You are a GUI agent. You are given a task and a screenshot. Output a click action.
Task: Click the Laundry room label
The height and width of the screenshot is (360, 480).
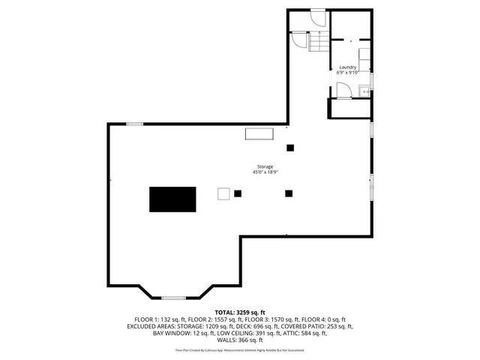(347, 67)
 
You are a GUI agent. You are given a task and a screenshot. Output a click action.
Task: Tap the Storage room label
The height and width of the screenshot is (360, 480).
(265, 166)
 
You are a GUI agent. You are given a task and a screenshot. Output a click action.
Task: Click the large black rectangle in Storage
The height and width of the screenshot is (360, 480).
(172, 199)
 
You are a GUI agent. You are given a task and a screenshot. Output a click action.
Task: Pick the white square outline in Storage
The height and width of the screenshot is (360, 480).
(224, 193)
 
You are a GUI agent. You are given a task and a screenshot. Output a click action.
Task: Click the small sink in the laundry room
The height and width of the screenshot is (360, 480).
(362, 91)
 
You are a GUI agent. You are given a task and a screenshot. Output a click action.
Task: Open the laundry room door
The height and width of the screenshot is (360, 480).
(343, 91)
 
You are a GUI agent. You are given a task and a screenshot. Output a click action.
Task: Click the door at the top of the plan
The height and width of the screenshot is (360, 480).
(318, 15)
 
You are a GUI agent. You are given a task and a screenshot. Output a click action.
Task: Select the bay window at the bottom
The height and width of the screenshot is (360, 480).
(174, 298)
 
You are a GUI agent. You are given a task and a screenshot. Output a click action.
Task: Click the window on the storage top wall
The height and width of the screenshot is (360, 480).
(135, 124)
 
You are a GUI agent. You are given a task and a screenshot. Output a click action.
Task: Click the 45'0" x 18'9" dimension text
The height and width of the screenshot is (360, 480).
(265, 172)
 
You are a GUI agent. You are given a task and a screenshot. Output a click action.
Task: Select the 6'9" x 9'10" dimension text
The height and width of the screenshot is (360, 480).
(347, 73)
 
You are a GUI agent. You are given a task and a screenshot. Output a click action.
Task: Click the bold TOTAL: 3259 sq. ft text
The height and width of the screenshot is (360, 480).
(240, 312)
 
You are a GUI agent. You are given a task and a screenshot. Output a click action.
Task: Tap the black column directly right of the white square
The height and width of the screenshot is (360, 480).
(238, 193)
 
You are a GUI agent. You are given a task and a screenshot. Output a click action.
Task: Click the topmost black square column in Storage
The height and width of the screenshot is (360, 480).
(290, 147)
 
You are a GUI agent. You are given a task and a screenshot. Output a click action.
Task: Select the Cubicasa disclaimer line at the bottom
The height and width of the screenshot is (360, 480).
(240, 350)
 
